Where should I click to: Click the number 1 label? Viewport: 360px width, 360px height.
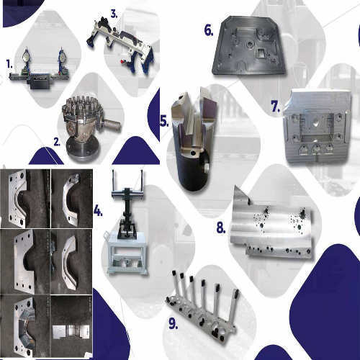pyautogui.click(x=9, y=64)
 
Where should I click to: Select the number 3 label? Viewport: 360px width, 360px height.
pyautogui.click(x=114, y=13)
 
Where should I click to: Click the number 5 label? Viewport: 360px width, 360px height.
pyautogui.click(x=163, y=121)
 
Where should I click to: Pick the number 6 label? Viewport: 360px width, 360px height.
pyautogui.click(x=208, y=30)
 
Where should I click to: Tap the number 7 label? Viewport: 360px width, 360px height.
pyautogui.click(x=275, y=106)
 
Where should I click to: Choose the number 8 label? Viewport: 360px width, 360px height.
pyautogui.click(x=221, y=229)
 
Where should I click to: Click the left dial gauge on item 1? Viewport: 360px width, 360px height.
pyautogui.click(x=27, y=55)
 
